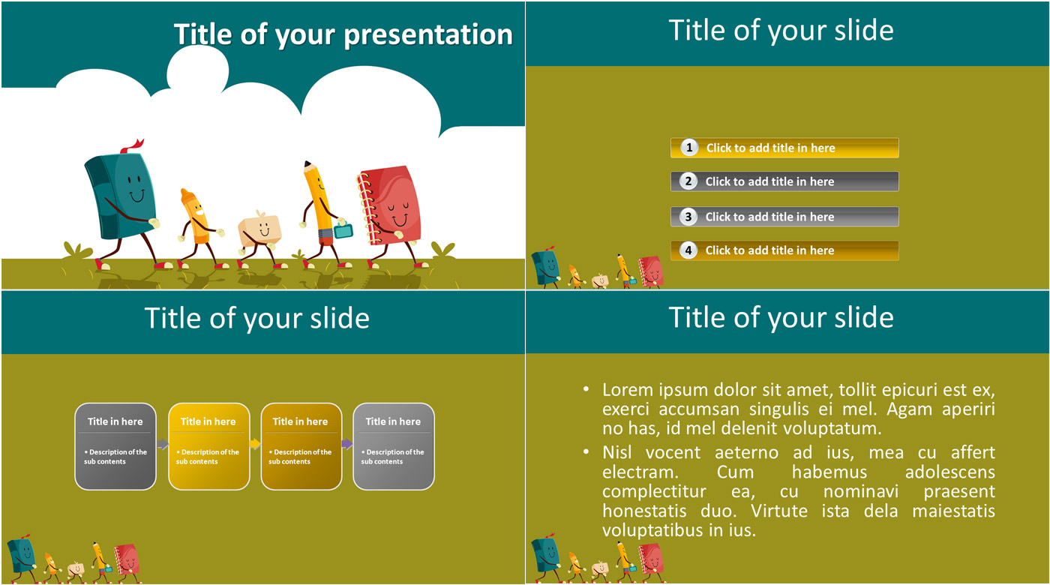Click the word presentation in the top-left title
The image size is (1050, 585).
coord(428,35)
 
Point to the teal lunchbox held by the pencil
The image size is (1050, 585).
coord(343,229)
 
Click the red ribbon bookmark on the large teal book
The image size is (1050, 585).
coord(133,145)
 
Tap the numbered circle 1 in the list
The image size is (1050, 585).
coord(688,148)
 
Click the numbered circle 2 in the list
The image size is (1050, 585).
coord(688,181)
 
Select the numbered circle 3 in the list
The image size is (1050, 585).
coord(688,217)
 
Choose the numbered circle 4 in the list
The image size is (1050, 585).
coord(688,250)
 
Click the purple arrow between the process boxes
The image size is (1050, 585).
coord(347,443)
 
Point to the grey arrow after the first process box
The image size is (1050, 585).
coord(163,444)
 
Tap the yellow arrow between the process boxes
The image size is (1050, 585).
coord(254,443)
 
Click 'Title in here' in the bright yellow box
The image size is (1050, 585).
coord(208,421)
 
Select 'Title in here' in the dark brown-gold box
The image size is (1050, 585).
coord(301,421)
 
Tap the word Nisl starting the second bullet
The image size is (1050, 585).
coord(616,452)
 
